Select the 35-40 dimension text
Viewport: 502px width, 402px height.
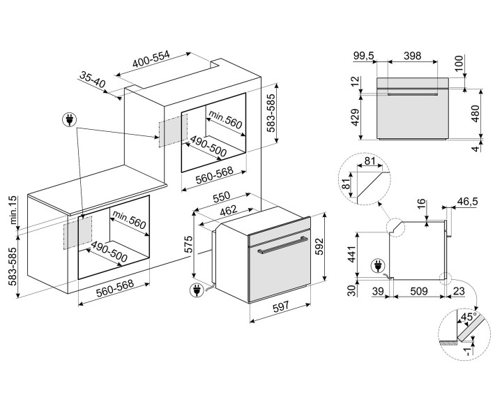click(x=93, y=81)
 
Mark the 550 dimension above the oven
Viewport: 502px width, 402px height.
click(x=222, y=198)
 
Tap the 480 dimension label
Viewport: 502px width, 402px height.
click(x=475, y=115)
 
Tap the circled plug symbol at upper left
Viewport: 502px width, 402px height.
click(x=69, y=121)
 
